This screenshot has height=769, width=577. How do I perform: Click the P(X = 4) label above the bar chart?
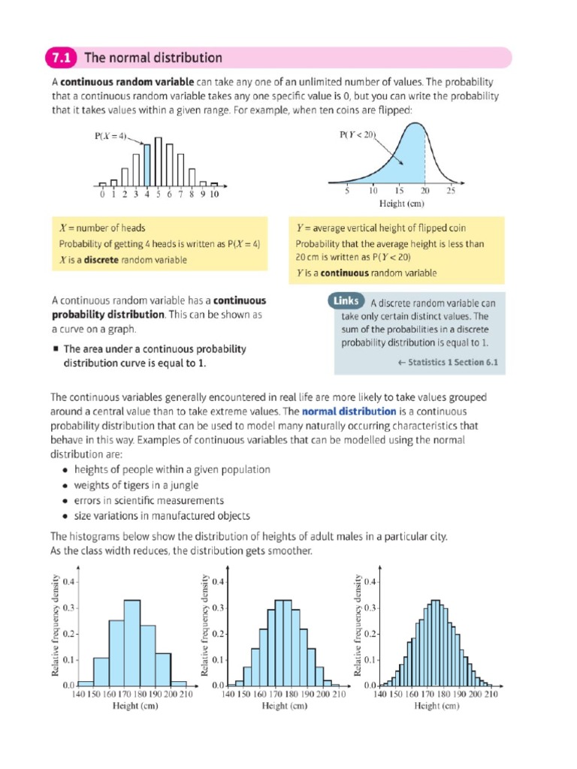[x=110, y=137]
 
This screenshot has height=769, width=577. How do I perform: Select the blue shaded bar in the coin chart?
[x=147, y=165]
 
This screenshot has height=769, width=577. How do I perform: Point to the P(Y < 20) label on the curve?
[x=358, y=135]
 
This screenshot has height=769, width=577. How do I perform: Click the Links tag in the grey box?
[x=346, y=302]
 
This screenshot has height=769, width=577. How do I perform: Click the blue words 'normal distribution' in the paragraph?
[x=349, y=412]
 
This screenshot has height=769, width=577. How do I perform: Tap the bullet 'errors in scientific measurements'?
[x=149, y=500]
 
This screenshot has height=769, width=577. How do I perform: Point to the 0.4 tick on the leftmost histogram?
[x=68, y=581]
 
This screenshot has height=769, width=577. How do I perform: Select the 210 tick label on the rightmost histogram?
[x=491, y=695]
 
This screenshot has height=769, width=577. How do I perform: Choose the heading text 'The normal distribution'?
[x=153, y=58]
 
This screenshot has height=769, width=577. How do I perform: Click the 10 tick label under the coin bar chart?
[x=214, y=194]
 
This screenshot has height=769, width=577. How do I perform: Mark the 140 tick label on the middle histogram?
[x=228, y=695]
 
